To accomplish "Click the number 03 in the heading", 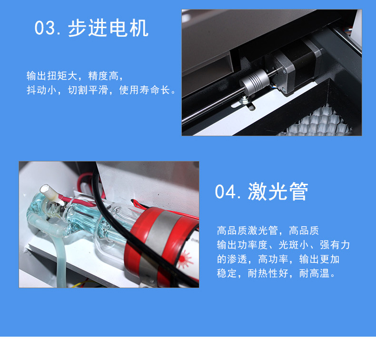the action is pos(45,28).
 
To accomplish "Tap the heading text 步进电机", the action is pos(108,28).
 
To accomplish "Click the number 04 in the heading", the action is pos(225,191).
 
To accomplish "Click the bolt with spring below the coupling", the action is pos(245,100).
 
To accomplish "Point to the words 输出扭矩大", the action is pos(52,76).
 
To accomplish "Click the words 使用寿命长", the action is pos(145,90).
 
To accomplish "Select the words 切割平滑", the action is pos(88,90).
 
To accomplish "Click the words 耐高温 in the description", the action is pos(314,273).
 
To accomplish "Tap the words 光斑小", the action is pos(294,245).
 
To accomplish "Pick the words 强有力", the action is pos(335,245).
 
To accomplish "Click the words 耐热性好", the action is pos(268,273).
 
